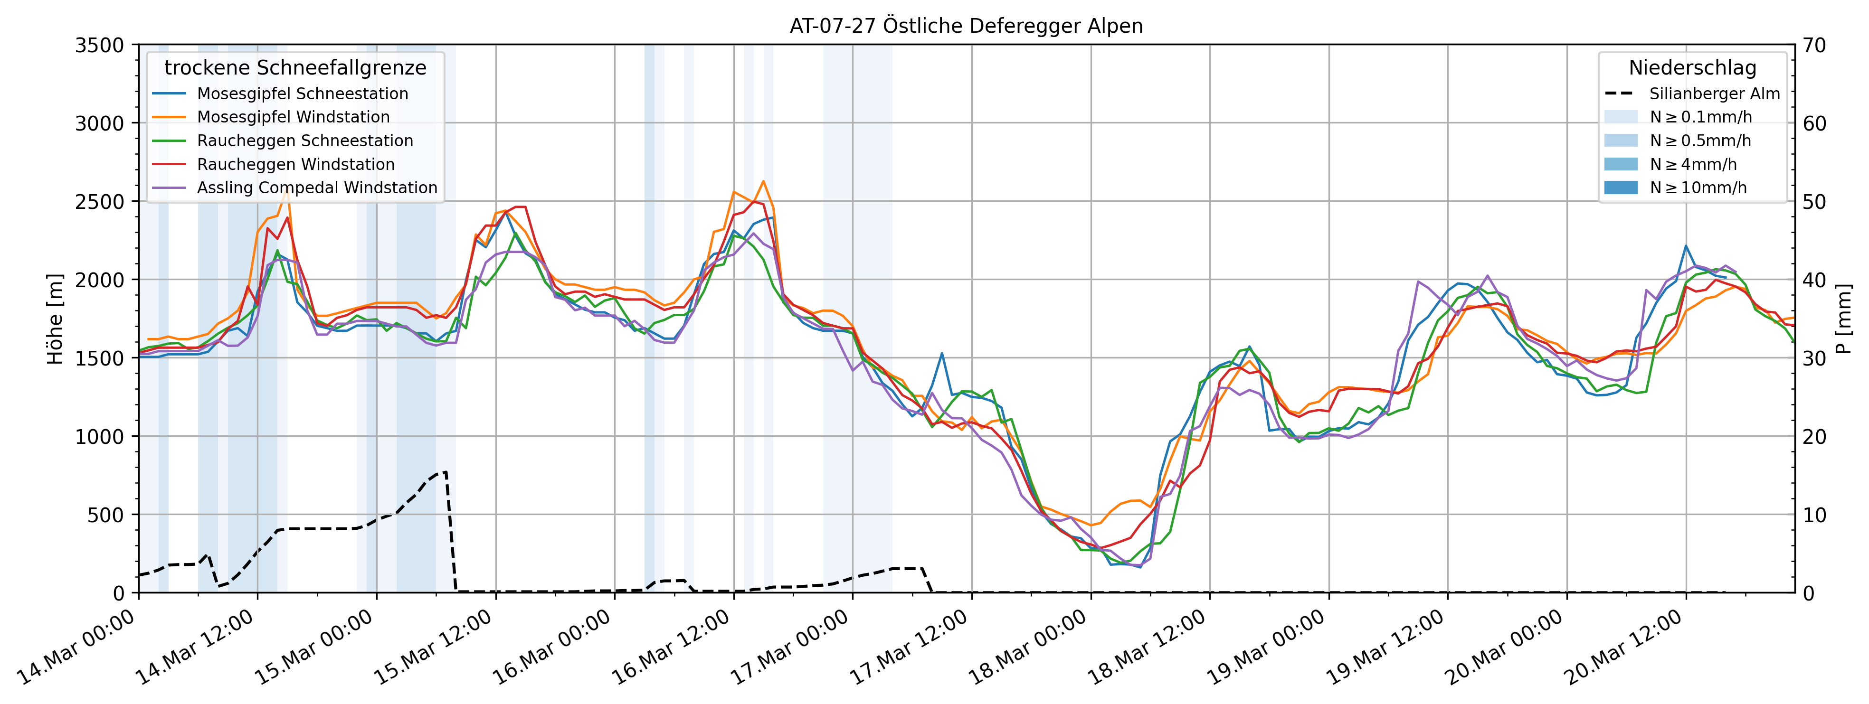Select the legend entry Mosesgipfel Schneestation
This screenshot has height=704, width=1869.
click(x=302, y=94)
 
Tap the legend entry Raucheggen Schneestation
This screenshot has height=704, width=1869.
click(x=305, y=141)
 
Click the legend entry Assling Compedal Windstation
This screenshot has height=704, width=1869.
click(x=317, y=188)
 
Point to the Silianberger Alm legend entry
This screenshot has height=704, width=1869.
click(x=1714, y=94)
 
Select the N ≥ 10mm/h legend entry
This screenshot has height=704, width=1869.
click(x=1698, y=188)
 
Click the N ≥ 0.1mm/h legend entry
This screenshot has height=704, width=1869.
click(x=1700, y=117)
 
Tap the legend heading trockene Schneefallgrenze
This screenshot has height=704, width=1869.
click(x=295, y=68)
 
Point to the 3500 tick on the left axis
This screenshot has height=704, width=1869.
click(x=100, y=45)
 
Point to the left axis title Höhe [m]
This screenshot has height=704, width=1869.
click(x=55, y=319)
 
